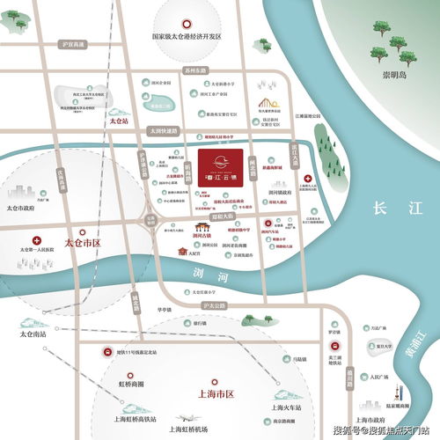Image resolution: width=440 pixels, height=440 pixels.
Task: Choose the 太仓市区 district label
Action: click(84, 239)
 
